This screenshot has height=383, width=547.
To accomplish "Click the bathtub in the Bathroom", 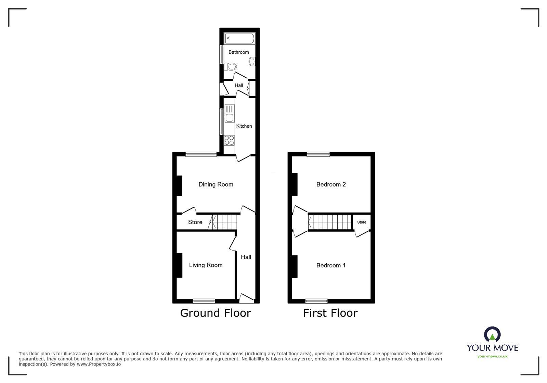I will click(x=240, y=38).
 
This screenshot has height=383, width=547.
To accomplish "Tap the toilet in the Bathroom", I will click(x=231, y=66).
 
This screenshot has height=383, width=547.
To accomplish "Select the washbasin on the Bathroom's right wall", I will click(x=252, y=62).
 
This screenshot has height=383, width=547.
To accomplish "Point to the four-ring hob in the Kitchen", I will click(x=229, y=140).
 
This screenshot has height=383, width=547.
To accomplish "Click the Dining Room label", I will click(x=216, y=184).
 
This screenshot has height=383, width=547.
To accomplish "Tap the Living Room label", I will click(x=206, y=265).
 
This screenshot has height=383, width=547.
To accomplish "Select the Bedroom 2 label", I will click(x=331, y=184).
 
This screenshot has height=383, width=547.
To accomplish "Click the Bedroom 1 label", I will click(x=331, y=265).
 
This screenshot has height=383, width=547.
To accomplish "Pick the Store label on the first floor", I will click(x=362, y=222).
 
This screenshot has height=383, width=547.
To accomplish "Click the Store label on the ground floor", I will click(x=195, y=222).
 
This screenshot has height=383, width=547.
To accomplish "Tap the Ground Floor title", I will click(x=216, y=313).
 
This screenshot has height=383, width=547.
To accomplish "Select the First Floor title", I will click(x=330, y=313).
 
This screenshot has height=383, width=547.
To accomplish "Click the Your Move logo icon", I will click(x=492, y=334).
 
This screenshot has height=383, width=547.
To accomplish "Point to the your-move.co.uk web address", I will click(x=492, y=356).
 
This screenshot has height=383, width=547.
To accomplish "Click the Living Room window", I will click(x=204, y=301).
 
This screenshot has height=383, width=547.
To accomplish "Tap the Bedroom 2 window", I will click(x=318, y=154).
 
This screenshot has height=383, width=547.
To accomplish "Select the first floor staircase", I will click(x=330, y=222).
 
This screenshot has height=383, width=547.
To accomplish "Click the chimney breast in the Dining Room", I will click(x=179, y=186).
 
